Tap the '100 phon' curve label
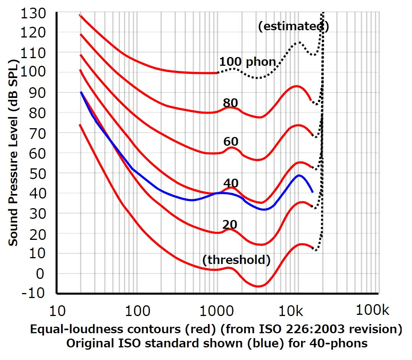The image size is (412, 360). point(247,62)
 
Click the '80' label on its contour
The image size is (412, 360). point(230,103)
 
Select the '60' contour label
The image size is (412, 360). point(230,142)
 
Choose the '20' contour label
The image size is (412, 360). point(230,225)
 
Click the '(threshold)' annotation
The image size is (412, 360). point(236,260)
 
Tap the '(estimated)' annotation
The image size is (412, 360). point(293,26)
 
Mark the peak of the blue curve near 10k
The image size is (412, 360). point(299,175)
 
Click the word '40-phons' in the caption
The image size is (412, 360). point(346,343)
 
